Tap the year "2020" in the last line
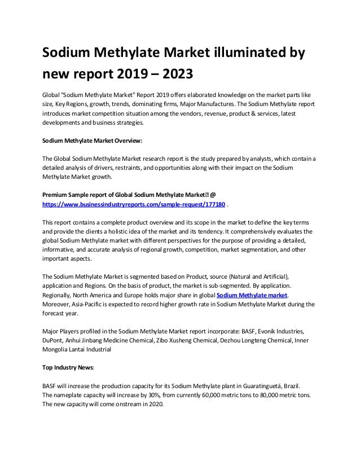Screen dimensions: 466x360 (151, 404)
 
